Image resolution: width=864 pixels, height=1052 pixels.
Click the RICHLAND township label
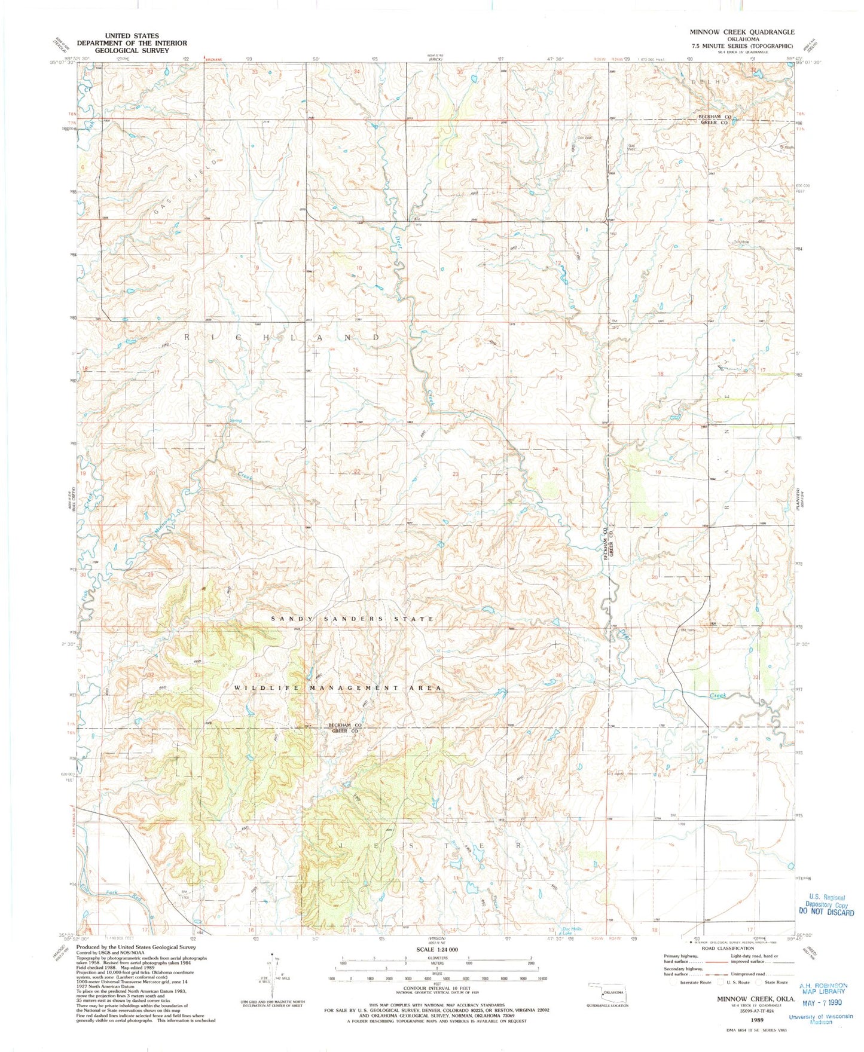point(281,337)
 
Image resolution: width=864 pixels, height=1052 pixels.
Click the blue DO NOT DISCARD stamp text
point(826,913)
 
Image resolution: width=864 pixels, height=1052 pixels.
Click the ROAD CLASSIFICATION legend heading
point(728,949)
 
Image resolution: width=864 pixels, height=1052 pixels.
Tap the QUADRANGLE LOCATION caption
point(606,1005)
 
